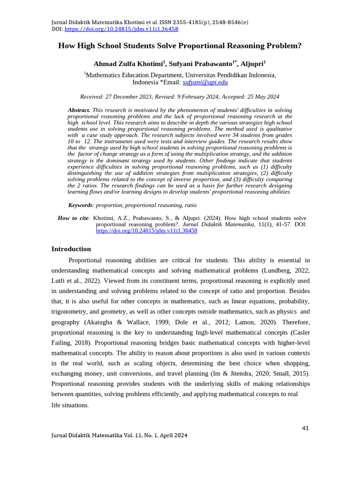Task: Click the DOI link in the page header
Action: tap(121, 29)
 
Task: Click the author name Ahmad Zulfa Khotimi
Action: tap(128, 63)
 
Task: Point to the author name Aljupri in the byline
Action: tap(252, 63)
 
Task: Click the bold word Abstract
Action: tap(79, 110)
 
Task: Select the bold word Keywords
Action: tap(80, 205)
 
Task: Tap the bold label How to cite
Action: tap(73, 218)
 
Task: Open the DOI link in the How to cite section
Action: tap(146, 231)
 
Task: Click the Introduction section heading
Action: tap(71, 249)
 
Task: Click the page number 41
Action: tap(305, 428)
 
